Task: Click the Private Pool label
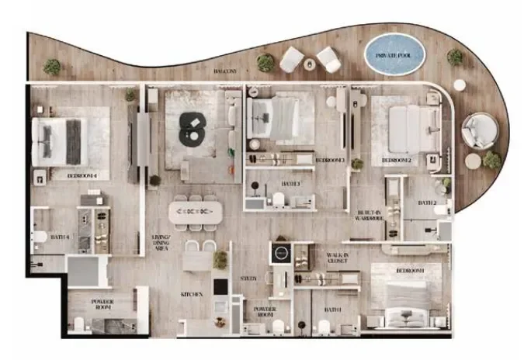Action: point(394,56)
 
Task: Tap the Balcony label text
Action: point(227,71)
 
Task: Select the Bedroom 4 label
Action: point(82,176)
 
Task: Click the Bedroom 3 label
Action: point(330,160)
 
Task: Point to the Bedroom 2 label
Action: point(396,161)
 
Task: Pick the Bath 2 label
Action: point(428,202)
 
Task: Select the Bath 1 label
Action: point(333,310)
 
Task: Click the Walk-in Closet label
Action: point(337,258)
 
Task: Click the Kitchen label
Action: point(193,295)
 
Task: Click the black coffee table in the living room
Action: point(192,129)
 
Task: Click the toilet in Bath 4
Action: point(40,239)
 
